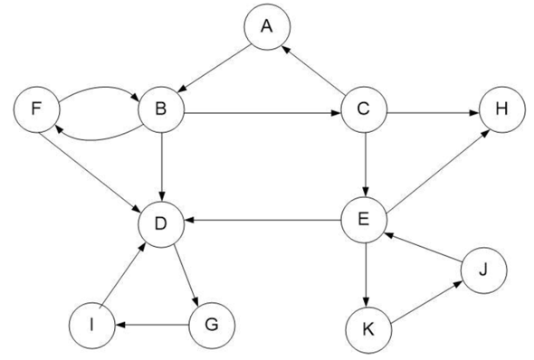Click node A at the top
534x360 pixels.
(266, 26)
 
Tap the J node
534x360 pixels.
(483, 269)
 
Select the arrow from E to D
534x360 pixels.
(263, 220)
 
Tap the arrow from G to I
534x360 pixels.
(154, 322)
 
